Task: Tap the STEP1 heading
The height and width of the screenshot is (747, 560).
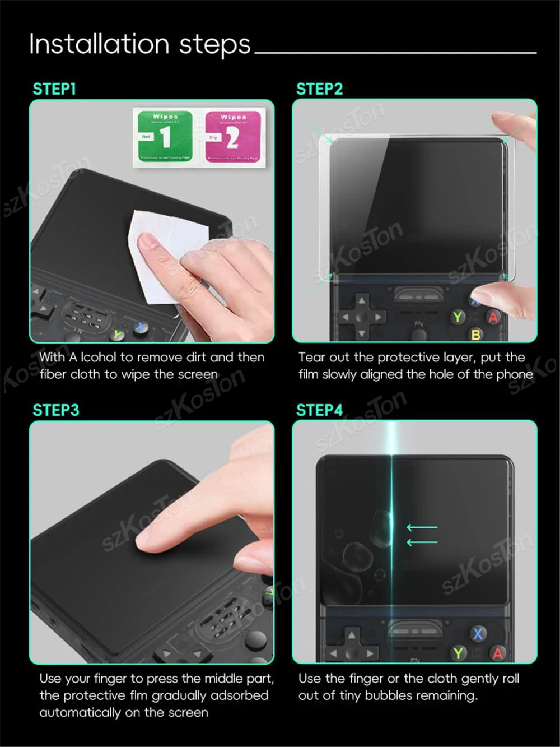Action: click(54, 89)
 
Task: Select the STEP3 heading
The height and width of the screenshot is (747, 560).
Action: click(56, 410)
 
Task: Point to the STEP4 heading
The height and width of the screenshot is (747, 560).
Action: click(319, 410)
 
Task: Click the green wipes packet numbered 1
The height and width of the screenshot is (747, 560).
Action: click(165, 136)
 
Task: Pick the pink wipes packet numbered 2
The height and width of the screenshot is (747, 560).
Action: click(232, 136)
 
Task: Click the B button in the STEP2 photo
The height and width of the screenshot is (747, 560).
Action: click(476, 335)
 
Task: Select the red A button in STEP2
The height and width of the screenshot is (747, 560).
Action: click(493, 317)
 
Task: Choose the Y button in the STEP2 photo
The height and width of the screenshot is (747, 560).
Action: click(458, 317)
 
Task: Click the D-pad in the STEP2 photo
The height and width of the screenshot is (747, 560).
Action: click(362, 317)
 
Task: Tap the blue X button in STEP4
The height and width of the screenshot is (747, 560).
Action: click(478, 634)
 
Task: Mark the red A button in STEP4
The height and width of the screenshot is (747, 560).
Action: click(497, 653)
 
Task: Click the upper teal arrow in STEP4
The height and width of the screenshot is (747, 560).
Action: click(422, 527)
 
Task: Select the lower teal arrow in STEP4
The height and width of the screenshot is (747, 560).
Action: click(422, 542)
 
